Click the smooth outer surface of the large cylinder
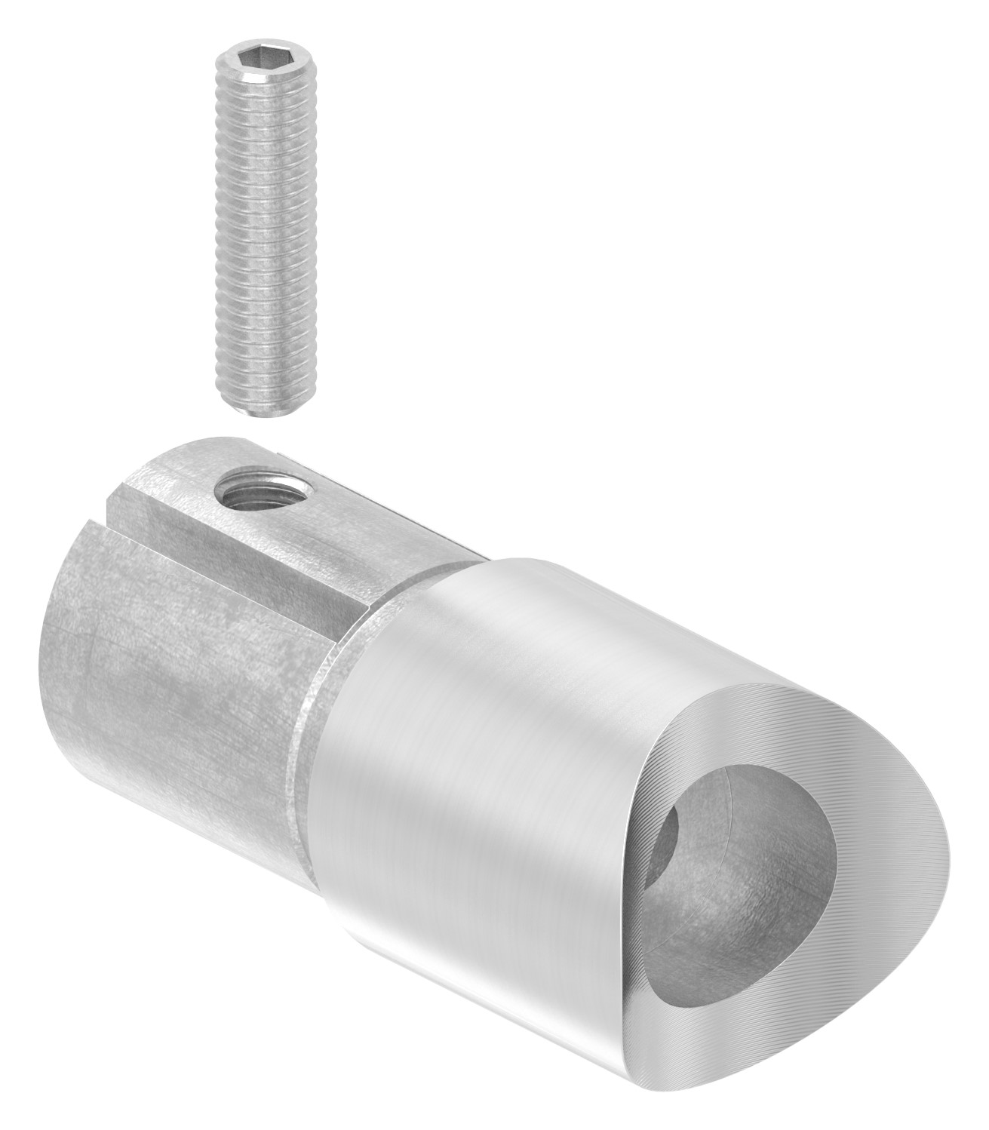483,754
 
